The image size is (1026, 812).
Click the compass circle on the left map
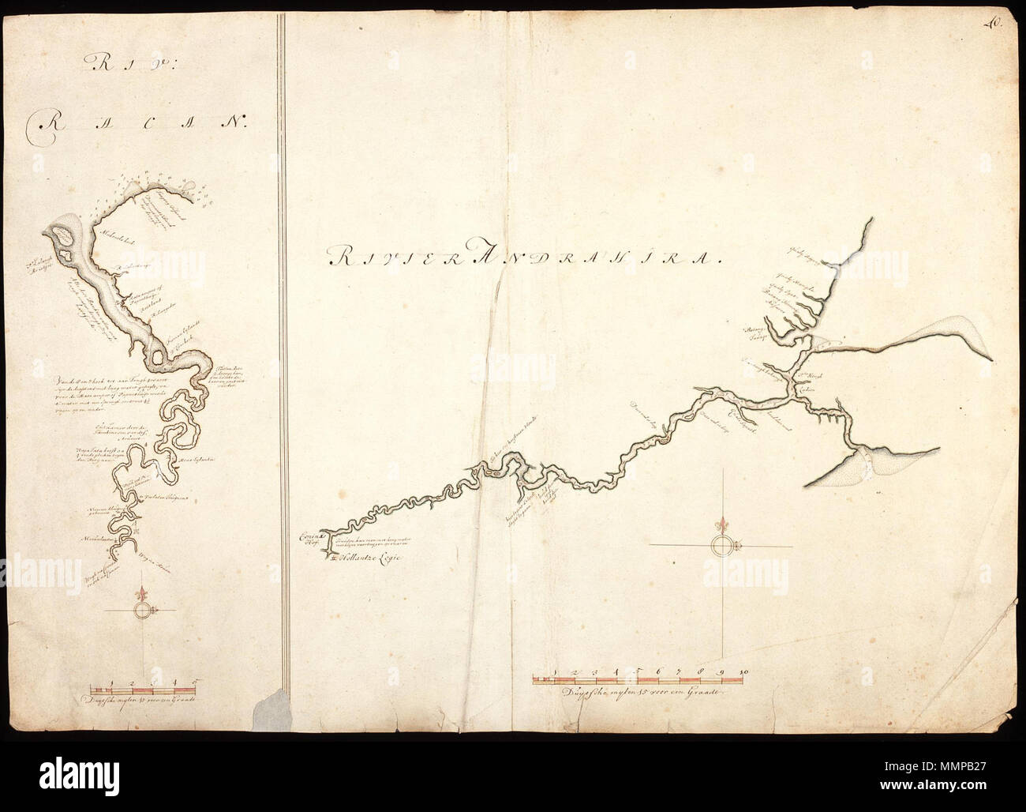tap(142, 611)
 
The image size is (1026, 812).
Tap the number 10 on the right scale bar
tap(743, 671)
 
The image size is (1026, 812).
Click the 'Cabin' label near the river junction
tap(805, 389)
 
